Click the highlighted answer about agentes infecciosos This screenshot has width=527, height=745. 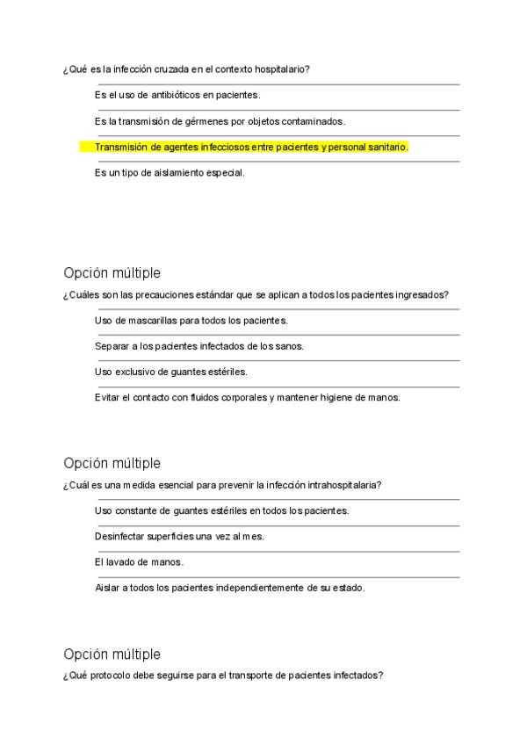251,148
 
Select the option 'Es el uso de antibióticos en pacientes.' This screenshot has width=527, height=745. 177,95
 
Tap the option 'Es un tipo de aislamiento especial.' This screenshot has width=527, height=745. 170,173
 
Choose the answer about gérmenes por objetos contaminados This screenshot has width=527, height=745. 220,121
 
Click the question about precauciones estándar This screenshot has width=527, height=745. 262,295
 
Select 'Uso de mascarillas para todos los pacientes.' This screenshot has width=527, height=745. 191,321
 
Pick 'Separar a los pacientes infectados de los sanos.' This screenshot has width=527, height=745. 199,346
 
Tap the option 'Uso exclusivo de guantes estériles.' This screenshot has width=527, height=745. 170,372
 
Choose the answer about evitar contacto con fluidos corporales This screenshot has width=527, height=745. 247,397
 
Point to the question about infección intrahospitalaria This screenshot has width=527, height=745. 227,485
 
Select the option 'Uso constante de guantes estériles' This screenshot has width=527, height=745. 221,510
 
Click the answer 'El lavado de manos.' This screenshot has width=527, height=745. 139,561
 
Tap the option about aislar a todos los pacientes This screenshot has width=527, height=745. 229,587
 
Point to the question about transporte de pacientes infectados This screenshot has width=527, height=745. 223,676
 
